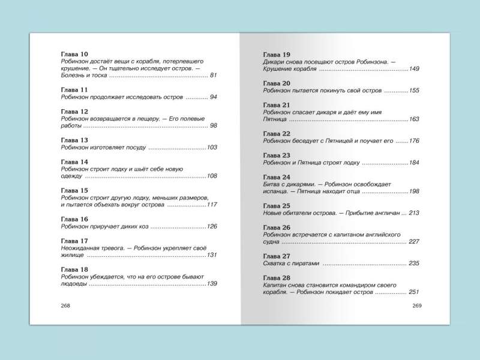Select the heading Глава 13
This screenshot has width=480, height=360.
click(x=75, y=140)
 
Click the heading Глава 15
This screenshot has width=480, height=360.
click(x=75, y=190)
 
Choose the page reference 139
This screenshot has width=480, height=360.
click(x=212, y=283)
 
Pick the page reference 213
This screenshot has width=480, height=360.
click(x=414, y=213)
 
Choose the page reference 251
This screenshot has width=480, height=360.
click(x=414, y=292)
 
